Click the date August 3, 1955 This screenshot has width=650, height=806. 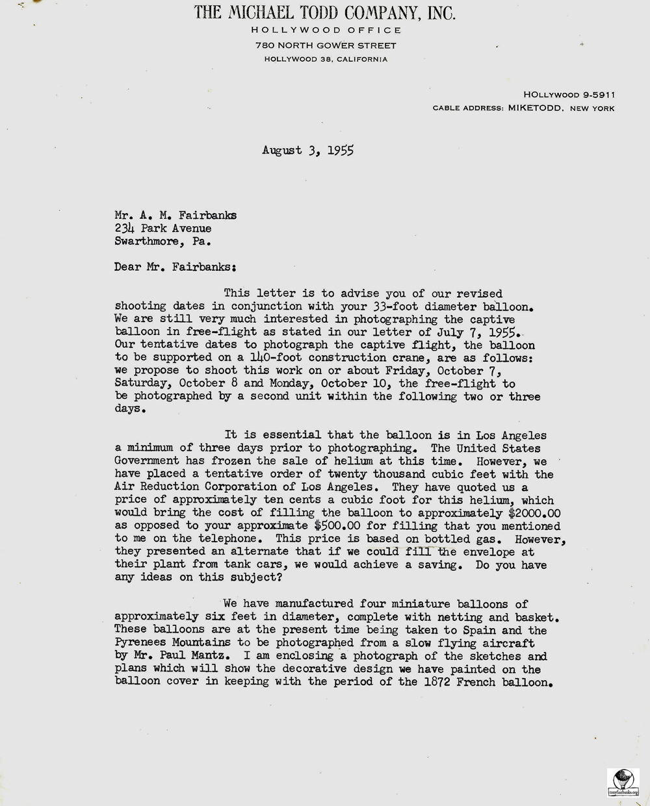(x=307, y=151)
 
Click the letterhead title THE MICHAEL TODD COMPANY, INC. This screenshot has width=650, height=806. (x=325, y=13)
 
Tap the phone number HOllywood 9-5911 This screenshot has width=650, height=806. (x=569, y=95)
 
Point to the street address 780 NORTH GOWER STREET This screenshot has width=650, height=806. (x=326, y=45)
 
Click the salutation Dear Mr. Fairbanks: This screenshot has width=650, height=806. (x=175, y=267)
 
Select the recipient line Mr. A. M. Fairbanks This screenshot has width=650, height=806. (x=175, y=216)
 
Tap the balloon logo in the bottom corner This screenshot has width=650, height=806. (x=623, y=782)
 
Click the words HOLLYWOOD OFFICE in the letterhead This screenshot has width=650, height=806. (x=326, y=30)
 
